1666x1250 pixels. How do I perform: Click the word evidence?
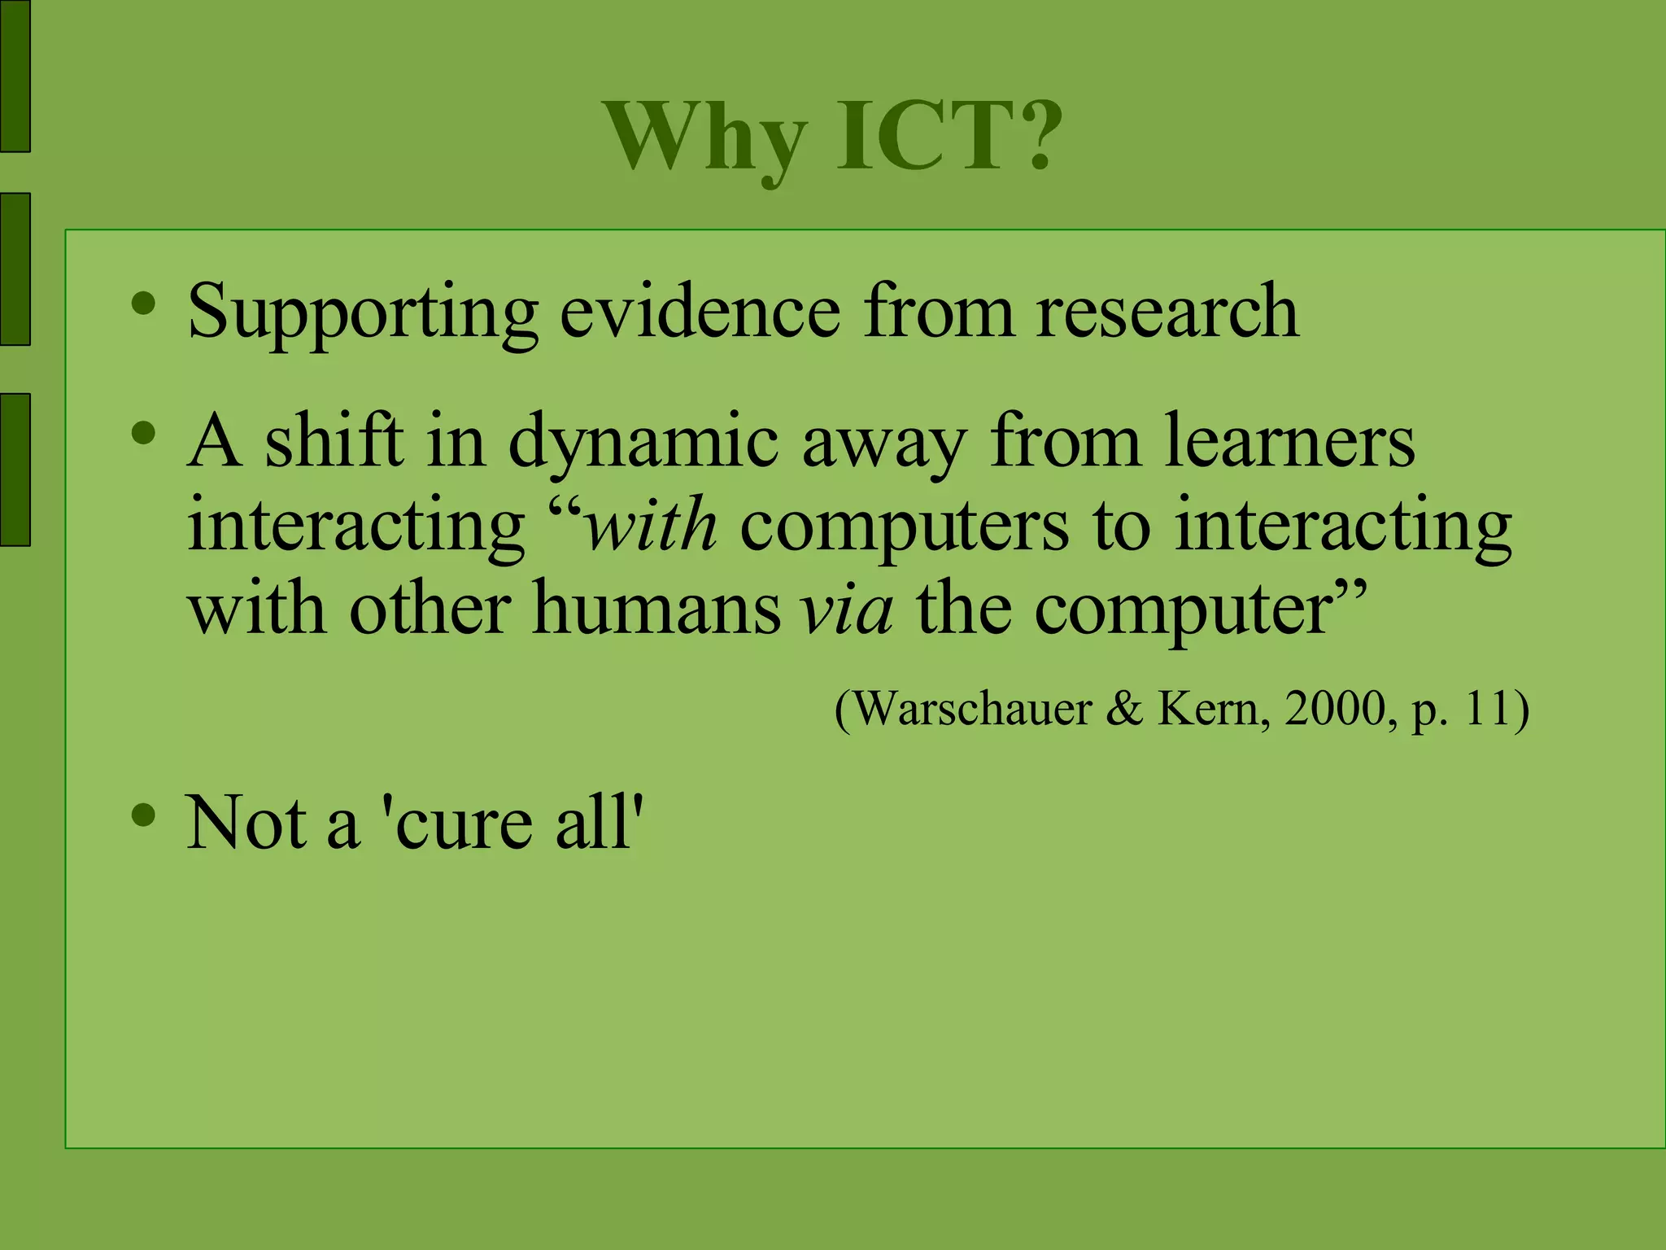tap(700, 311)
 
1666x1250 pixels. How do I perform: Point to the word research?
tap(1167, 311)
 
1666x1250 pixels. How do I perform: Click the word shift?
tap(334, 442)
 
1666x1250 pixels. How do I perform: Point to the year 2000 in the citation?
tap(1334, 709)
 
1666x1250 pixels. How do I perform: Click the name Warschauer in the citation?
tap(973, 709)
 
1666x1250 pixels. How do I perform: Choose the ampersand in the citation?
tap(1124, 709)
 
